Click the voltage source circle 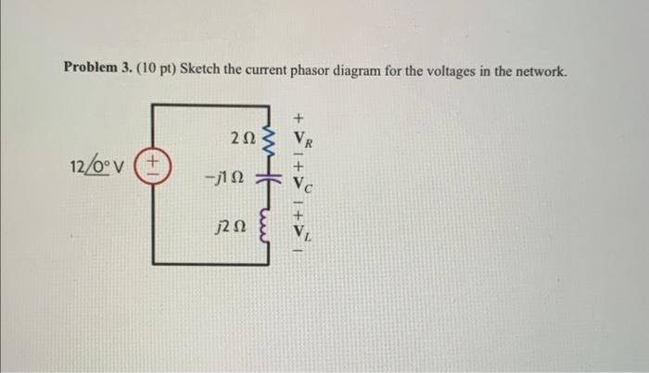(152, 171)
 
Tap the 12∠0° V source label (99, 169)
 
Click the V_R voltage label (304, 141)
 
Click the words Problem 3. (96, 68)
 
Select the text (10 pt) (154, 68)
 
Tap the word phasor (296, 68)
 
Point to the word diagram (348, 68)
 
